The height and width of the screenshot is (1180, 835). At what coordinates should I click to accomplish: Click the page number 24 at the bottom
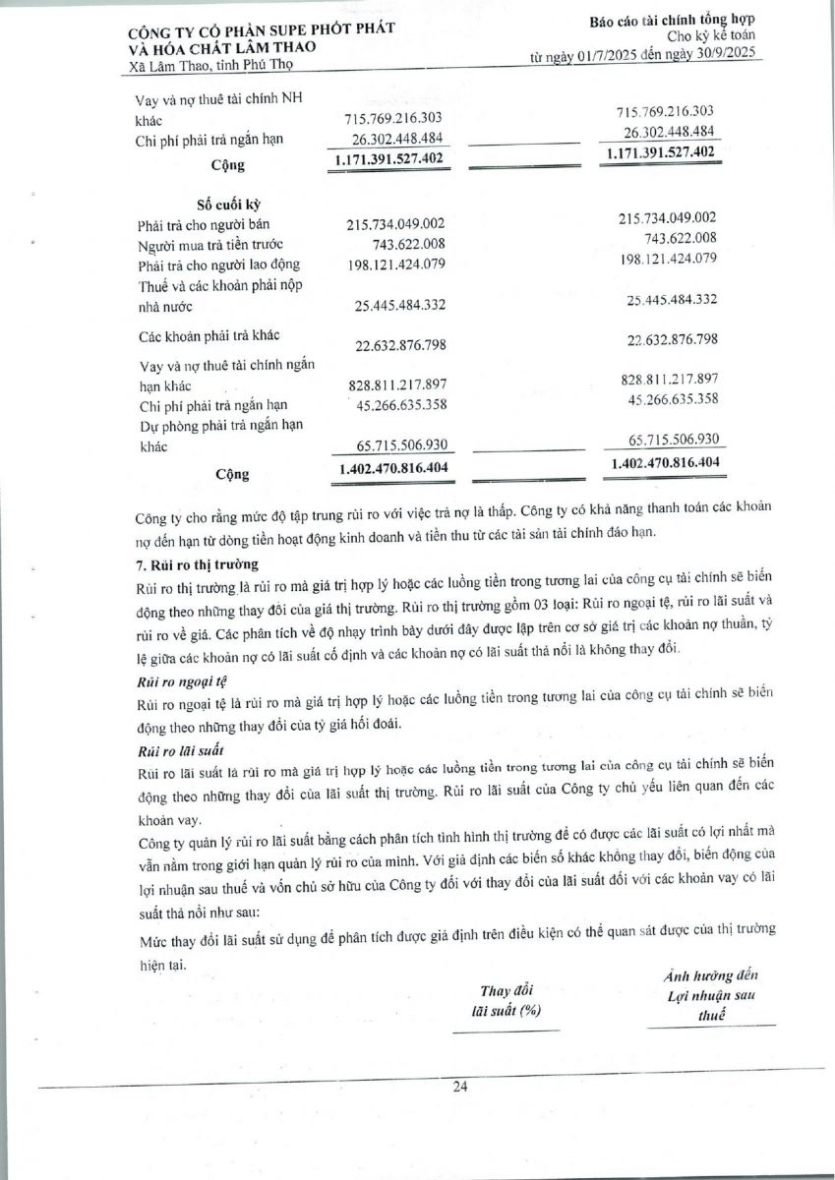(459, 1087)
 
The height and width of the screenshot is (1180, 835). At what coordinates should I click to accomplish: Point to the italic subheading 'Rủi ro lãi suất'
(172, 750)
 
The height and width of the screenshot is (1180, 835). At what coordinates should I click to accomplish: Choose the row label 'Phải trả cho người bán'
(204, 226)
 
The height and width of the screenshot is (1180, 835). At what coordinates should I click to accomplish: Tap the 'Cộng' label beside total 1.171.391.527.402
(228, 165)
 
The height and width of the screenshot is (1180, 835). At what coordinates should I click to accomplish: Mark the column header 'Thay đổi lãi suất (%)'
(507, 999)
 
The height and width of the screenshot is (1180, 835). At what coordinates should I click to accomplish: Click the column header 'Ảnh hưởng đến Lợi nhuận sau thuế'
(711, 996)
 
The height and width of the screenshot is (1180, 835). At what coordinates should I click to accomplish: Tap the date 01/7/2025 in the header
(613, 58)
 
